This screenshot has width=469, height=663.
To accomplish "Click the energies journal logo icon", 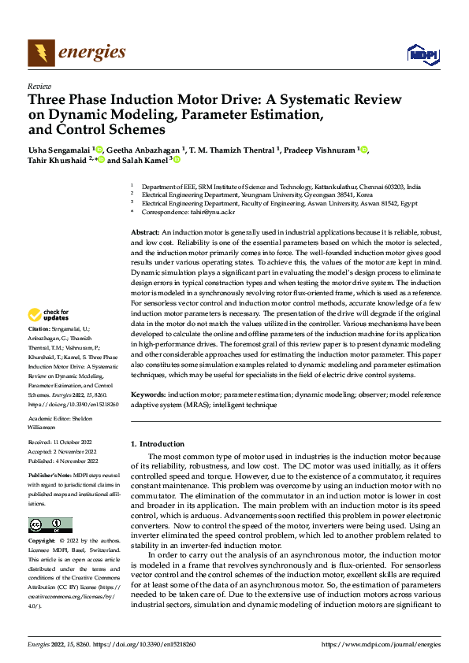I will tap(40, 54).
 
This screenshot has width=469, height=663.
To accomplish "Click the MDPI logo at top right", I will tap(422, 54).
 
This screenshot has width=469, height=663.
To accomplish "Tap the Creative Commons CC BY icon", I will tap(50, 525).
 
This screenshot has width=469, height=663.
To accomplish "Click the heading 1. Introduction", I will tap(158, 444).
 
